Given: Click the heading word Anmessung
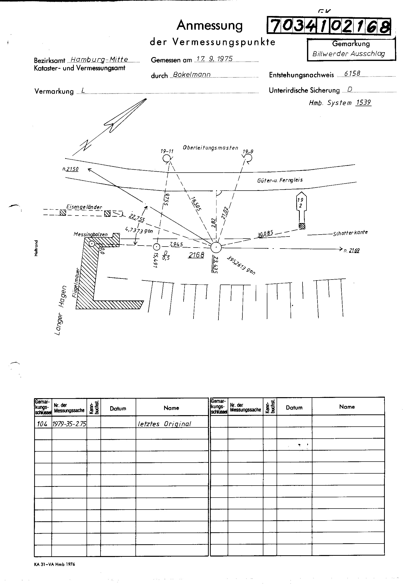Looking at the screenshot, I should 209,25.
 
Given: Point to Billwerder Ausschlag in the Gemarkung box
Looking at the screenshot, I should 348,54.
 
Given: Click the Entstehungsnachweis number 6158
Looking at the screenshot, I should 352,73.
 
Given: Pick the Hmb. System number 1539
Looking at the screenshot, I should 363,102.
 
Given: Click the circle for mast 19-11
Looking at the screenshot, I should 167,158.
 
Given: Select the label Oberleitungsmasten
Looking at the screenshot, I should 210,148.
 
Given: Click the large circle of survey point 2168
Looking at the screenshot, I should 216,247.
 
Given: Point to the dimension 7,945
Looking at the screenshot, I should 176,245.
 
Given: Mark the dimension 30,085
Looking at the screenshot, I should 265,234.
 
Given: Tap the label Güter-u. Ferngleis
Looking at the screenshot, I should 280,180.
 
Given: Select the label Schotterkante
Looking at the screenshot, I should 350,233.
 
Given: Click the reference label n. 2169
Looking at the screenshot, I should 352,251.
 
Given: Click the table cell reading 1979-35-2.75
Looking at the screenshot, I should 69,424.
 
